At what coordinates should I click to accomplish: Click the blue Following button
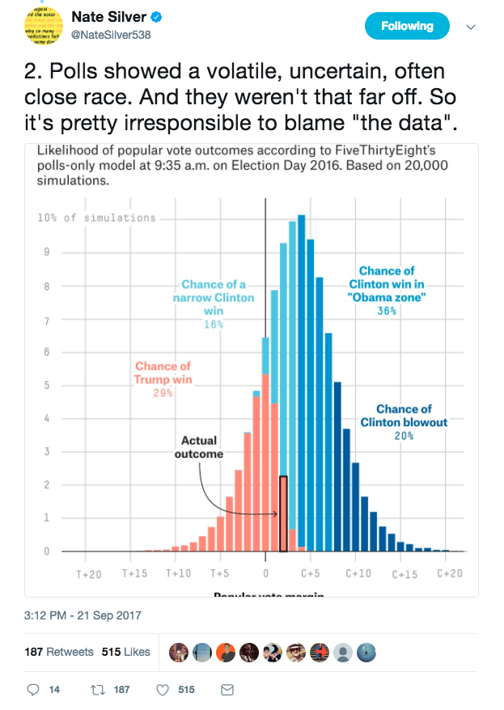[x=407, y=26]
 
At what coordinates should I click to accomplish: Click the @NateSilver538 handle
[x=110, y=34]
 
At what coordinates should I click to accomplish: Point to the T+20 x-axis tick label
[x=89, y=573]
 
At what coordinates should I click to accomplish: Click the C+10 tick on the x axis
[x=358, y=573]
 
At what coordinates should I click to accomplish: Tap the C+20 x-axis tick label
[x=448, y=573]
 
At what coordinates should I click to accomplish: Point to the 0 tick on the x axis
[x=265, y=573]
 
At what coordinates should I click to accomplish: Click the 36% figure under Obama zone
[x=387, y=311]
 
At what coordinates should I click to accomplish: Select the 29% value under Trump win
[x=163, y=393]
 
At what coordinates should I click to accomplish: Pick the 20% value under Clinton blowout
[x=404, y=436]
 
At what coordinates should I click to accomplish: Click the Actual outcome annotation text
[x=198, y=447]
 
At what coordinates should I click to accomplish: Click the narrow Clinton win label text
[x=214, y=297]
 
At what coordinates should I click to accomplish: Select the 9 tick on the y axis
[x=47, y=252]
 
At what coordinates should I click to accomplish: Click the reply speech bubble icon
[x=33, y=690]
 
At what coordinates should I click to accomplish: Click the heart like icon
[x=161, y=690]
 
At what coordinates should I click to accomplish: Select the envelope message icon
[x=227, y=690]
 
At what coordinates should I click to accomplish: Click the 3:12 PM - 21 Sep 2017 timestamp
[x=83, y=615]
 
